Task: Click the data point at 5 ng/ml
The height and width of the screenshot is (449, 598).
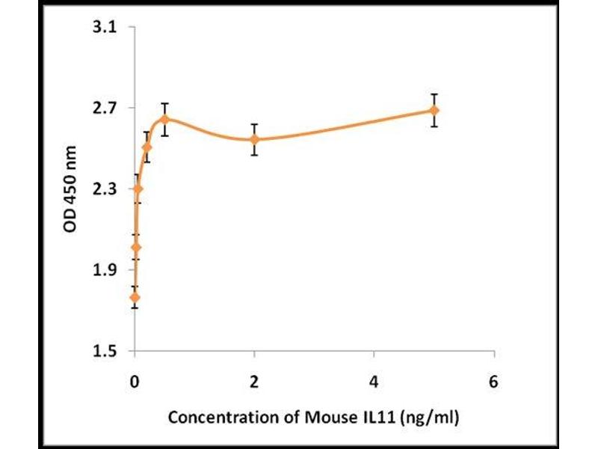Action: pos(434,111)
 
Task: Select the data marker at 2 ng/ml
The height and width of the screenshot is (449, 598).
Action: pos(254,139)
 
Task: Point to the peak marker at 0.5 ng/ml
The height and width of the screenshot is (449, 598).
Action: pos(164,119)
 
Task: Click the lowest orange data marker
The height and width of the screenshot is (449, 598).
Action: pos(135,297)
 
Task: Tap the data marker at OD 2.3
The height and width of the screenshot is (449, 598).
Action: pos(138,189)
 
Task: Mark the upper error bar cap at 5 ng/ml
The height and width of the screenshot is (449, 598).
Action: pos(434,94)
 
